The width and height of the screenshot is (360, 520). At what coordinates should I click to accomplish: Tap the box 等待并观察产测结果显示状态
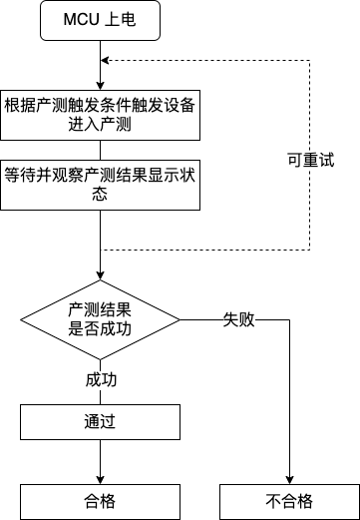101,181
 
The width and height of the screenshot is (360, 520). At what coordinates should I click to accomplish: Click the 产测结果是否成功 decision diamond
101,319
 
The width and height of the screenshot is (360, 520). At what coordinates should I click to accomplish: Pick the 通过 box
101,421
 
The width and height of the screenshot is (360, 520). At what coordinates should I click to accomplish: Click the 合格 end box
101,500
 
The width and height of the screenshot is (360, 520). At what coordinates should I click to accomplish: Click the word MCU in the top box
83,21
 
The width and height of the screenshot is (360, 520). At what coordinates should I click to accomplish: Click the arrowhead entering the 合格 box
101,479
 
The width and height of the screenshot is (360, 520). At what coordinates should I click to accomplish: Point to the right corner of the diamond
180,320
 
